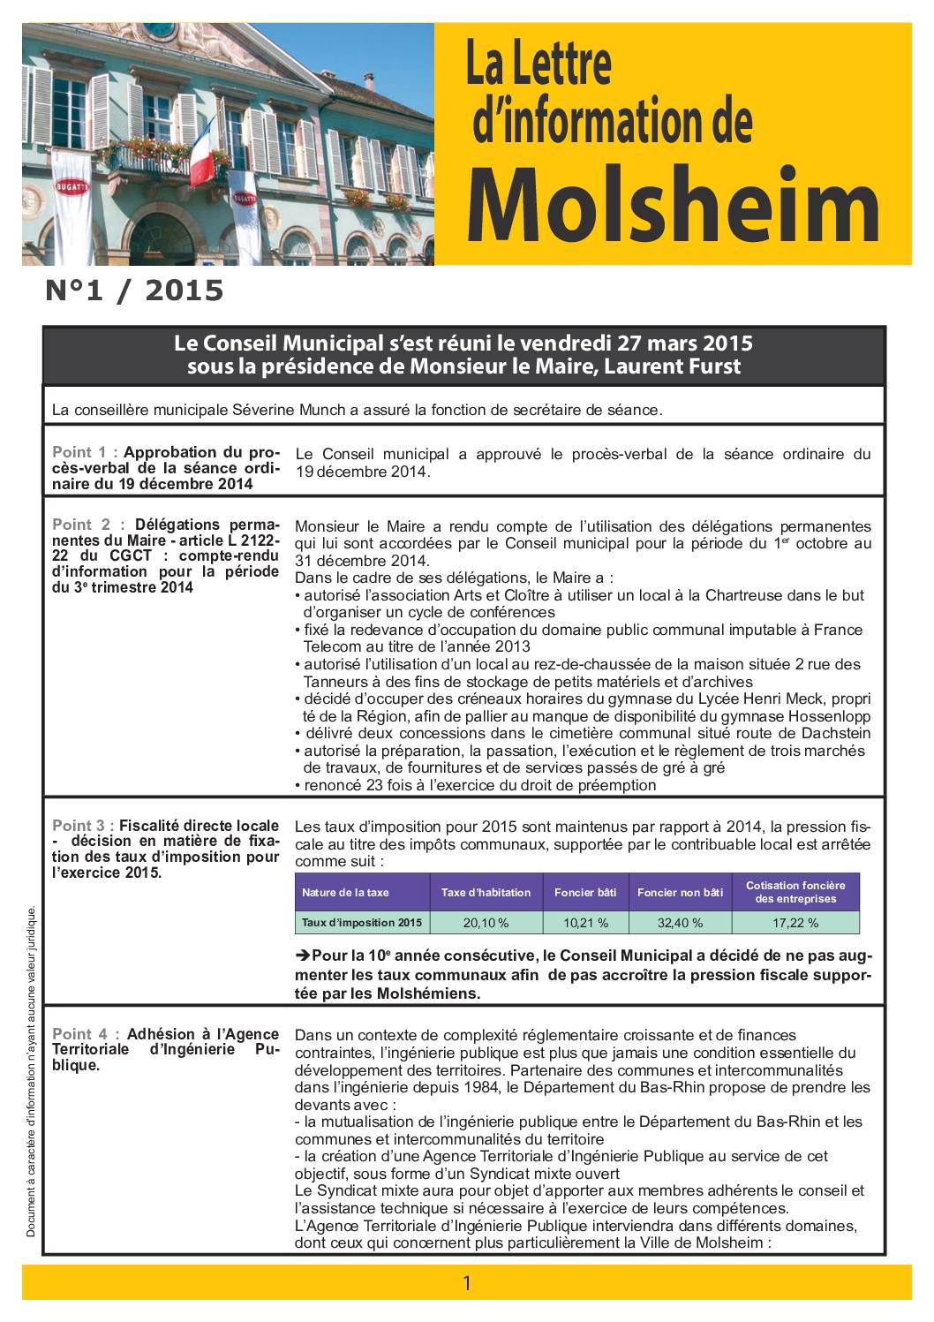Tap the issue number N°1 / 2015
point(134,291)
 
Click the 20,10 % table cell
point(486,923)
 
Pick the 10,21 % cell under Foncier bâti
point(585,923)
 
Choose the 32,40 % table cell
point(680,923)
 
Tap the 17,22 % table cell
point(795,923)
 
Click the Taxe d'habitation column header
point(486,892)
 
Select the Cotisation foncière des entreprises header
point(795,892)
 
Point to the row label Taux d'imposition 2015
point(361,923)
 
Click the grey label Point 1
point(84,453)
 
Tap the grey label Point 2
point(84,524)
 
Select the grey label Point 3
point(84,826)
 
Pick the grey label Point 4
point(84,1034)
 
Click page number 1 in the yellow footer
point(467,1283)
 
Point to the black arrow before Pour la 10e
point(302,956)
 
